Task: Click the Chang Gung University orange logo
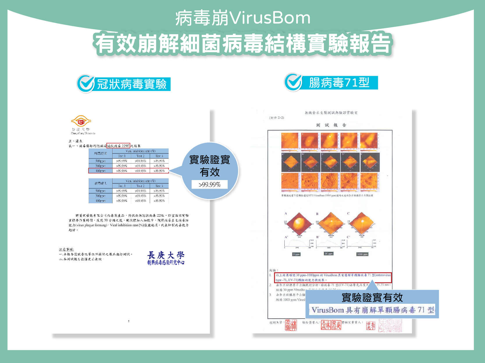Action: click(x=81, y=121)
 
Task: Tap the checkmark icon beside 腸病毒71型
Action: click(x=293, y=82)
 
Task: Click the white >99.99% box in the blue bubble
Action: click(x=209, y=184)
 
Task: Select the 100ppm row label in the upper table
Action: click(x=100, y=171)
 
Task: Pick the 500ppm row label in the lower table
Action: click(x=100, y=191)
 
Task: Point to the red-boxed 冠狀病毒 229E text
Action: click(x=118, y=145)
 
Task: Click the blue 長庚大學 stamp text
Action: click(x=166, y=255)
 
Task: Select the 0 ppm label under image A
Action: click(x=296, y=254)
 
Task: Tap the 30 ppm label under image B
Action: click(x=329, y=254)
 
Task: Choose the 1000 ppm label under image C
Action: click(x=362, y=254)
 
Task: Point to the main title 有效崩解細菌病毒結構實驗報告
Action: click(x=243, y=44)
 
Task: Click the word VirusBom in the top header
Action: click(x=270, y=18)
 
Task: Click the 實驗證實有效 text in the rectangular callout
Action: click(x=372, y=297)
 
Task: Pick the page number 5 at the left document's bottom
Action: click(x=129, y=321)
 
